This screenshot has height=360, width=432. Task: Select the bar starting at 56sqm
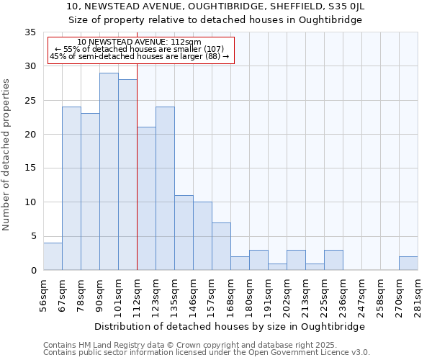(x=53, y=256)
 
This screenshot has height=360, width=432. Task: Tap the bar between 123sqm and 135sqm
(x=165, y=189)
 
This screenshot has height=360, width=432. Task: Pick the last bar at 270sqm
(x=408, y=264)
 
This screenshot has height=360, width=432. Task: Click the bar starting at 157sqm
(x=221, y=246)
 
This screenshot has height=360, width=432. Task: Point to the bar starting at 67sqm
(x=71, y=189)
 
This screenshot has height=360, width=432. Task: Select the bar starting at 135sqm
(x=184, y=233)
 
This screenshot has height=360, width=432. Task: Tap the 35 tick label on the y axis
(x=30, y=32)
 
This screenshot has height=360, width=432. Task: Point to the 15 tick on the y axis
(x=30, y=168)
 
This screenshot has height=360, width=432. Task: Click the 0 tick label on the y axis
(x=32, y=270)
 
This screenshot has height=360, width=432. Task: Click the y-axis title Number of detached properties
(x=7, y=155)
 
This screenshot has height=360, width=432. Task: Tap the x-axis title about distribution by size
(x=230, y=326)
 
